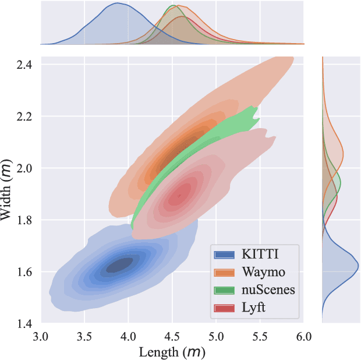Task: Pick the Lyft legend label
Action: pos(254,308)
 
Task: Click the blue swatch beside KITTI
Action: pos(224,254)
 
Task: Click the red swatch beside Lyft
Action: pos(224,308)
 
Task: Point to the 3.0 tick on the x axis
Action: pos(40,336)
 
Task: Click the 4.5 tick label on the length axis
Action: pos(172,336)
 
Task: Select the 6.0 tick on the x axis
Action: pos(303,336)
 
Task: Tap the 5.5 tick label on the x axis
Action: pos(260,336)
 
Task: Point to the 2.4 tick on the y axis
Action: pos(24,65)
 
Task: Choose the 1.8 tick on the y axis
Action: pos(24,220)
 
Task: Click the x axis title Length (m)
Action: pos(172,352)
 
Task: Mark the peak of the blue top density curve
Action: pos(116,3)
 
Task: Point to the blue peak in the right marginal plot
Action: pos(358,266)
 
